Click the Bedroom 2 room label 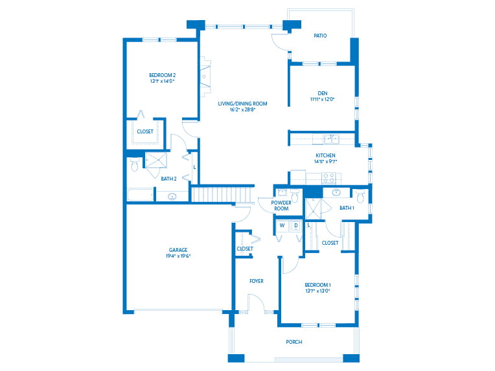coord(162,75)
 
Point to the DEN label coord(321,92)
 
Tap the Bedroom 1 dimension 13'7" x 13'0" coord(317,291)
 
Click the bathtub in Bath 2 coord(140,194)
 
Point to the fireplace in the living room coord(205,76)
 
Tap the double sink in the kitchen coord(330,139)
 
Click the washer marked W coord(282,225)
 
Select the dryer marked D coord(295,225)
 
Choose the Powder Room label coord(281,205)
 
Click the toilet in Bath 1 coord(361,194)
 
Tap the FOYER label coord(257,281)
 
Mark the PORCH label coord(294,342)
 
